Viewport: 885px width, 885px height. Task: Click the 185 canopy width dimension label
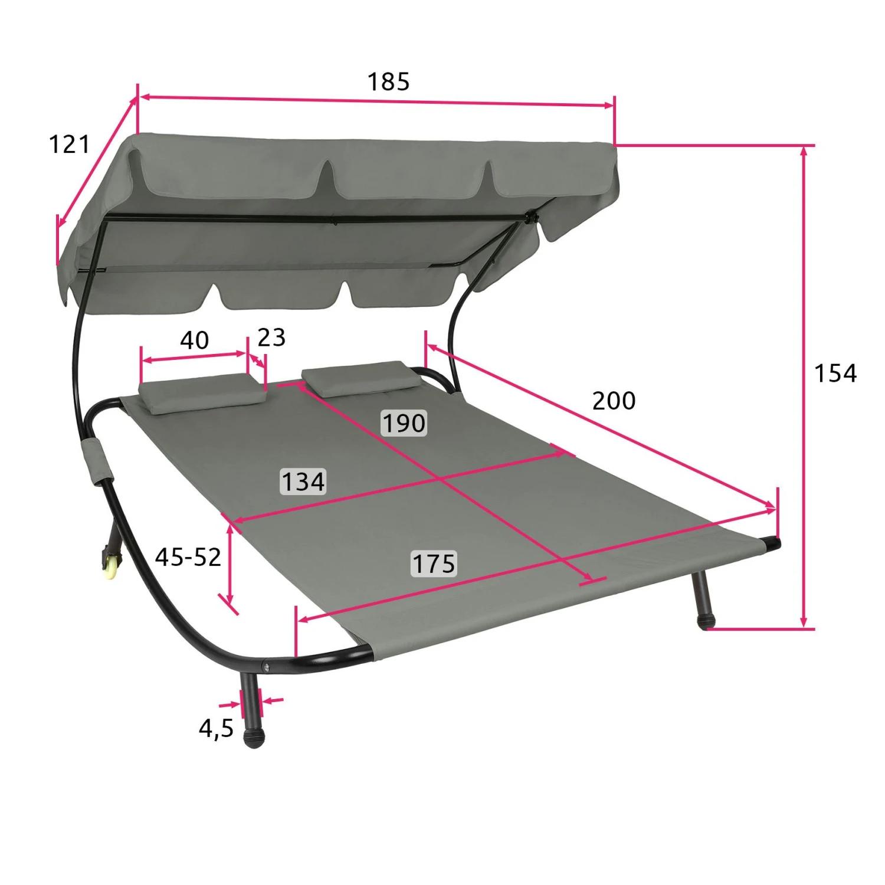[388, 81]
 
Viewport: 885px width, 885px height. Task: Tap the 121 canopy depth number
[69, 145]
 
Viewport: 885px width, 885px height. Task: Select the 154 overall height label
[835, 373]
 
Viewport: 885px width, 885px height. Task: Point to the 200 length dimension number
[614, 401]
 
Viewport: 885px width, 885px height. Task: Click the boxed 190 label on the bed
[404, 423]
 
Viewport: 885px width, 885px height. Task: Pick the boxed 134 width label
[303, 481]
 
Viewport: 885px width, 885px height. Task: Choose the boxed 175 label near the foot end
[434, 563]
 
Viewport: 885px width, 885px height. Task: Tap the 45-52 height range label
[188, 557]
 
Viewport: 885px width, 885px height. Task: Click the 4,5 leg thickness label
[216, 729]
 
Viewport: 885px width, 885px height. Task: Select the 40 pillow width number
[194, 340]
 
